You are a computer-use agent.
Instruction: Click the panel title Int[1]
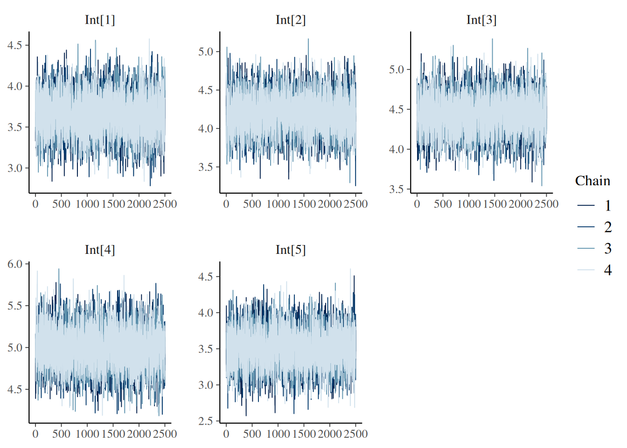click(100, 20)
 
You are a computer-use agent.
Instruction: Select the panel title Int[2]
click(291, 20)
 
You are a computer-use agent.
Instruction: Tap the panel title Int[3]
click(481, 20)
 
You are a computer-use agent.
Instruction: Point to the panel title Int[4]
click(100, 250)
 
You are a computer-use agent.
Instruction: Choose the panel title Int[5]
click(291, 250)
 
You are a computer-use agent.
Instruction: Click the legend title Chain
click(592, 181)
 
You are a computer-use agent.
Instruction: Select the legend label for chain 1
click(608, 205)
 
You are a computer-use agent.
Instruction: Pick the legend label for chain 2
click(608, 227)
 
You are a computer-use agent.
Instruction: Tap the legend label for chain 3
click(608, 248)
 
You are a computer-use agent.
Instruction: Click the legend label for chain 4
click(608, 270)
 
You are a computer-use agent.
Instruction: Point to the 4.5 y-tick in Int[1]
click(15, 45)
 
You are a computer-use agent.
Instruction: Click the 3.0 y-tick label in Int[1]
click(15, 168)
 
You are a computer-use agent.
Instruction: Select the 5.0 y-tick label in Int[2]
click(206, 52)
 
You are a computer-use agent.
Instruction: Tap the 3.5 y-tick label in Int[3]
click(397, 189)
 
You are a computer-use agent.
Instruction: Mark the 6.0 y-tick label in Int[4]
click(15, 264)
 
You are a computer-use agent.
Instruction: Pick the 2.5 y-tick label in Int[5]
click(206, 421)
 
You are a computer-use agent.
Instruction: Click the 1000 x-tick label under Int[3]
click(469, 204)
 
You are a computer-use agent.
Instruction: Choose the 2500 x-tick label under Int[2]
click(355, 204)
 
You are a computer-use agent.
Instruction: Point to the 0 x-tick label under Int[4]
click(35, 434)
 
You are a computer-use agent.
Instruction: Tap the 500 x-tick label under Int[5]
click(252, 434)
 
